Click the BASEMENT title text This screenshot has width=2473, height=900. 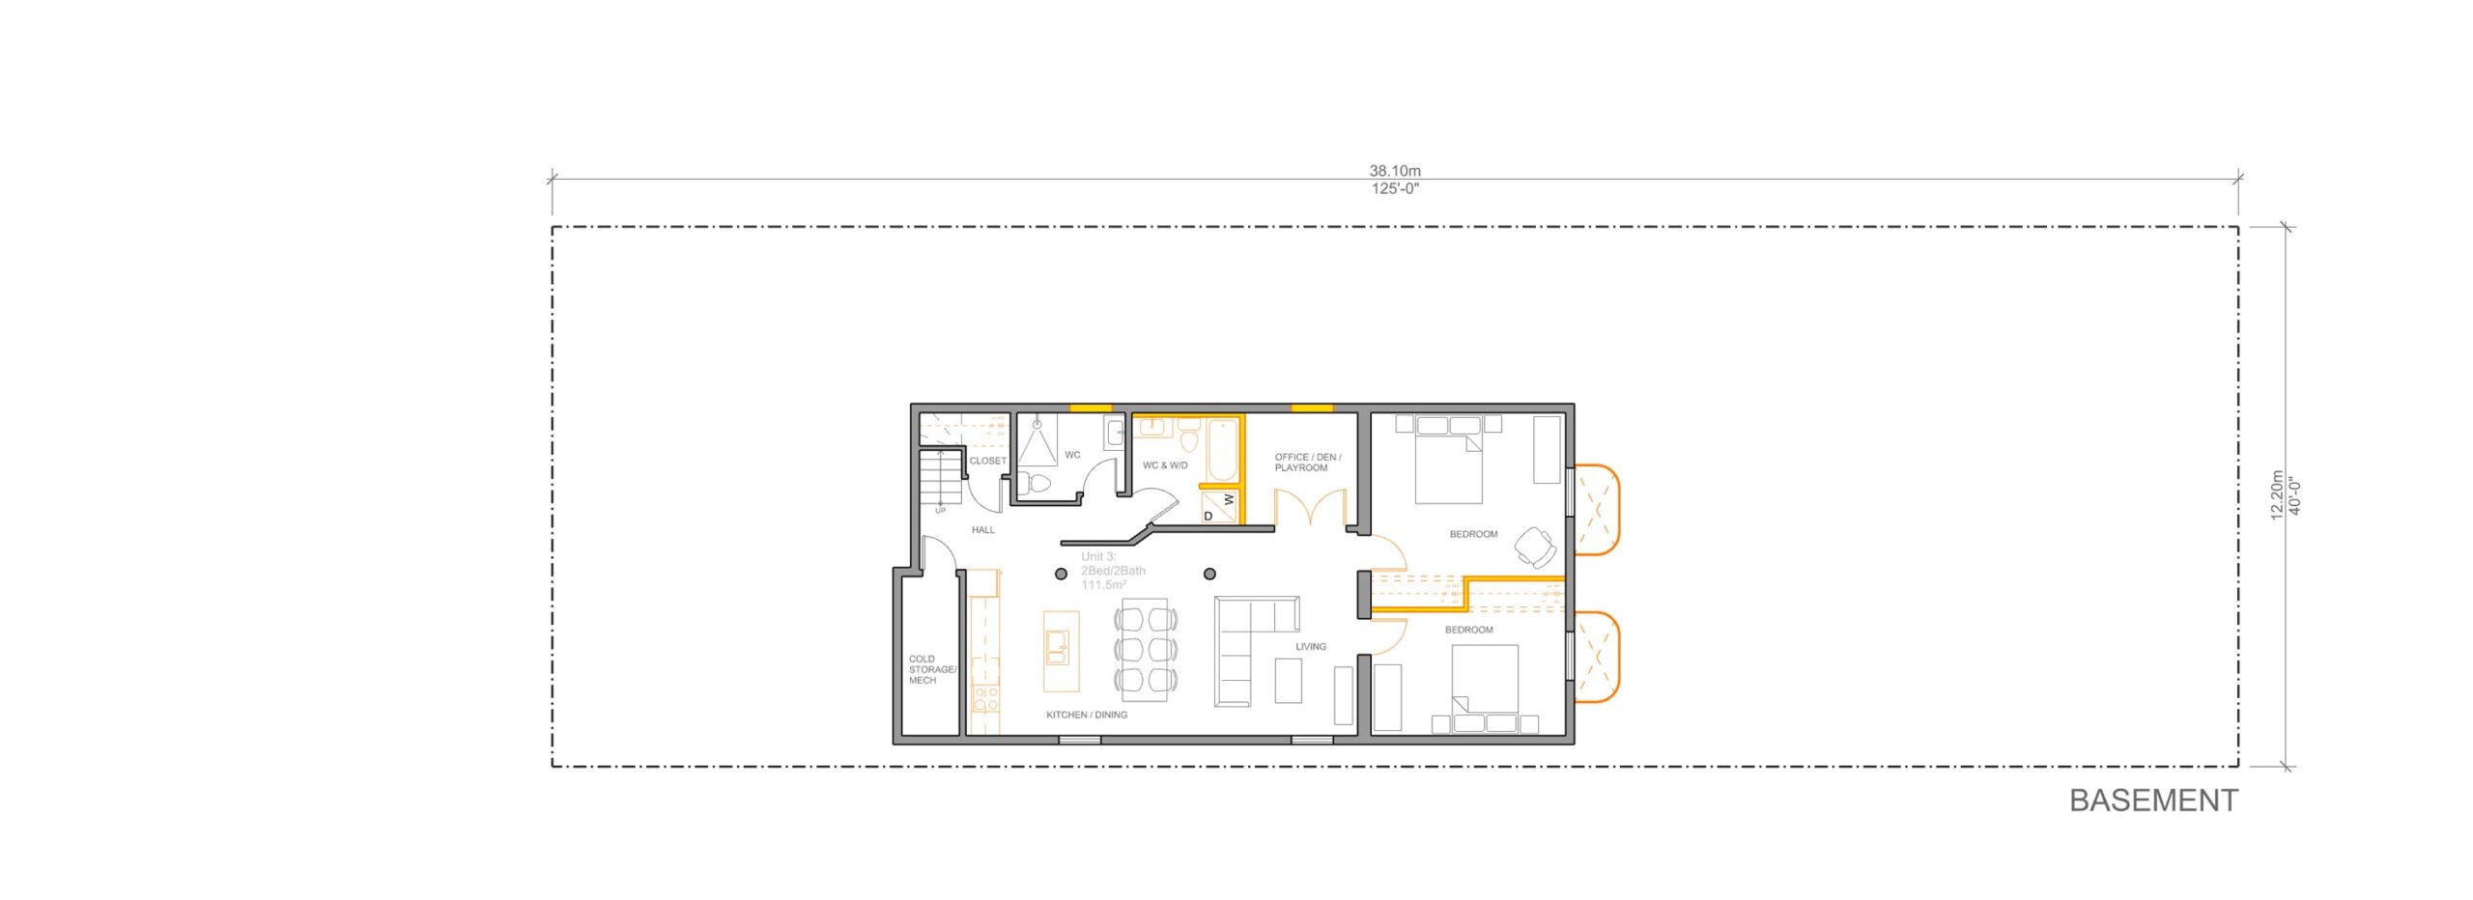(x=2152, y=801)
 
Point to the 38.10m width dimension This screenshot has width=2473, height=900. (x=1395, y=172)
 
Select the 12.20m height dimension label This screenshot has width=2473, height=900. (x=2277, y=495)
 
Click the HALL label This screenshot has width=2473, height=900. (x=982, y=530)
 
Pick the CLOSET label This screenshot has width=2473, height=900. (x=987, y=461)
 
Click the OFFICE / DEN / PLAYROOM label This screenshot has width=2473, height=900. (x=1306, y=463)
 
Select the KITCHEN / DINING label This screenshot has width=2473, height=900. (x=1086, y=715)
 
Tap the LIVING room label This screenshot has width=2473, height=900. (x=1310, y=647)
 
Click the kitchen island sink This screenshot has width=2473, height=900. (x=1057, y=647)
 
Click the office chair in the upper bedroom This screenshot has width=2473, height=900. (x=1534, y=547)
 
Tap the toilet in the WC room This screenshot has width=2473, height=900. (x=1037, y=482)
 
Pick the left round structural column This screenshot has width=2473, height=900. (x=1061, y=575)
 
